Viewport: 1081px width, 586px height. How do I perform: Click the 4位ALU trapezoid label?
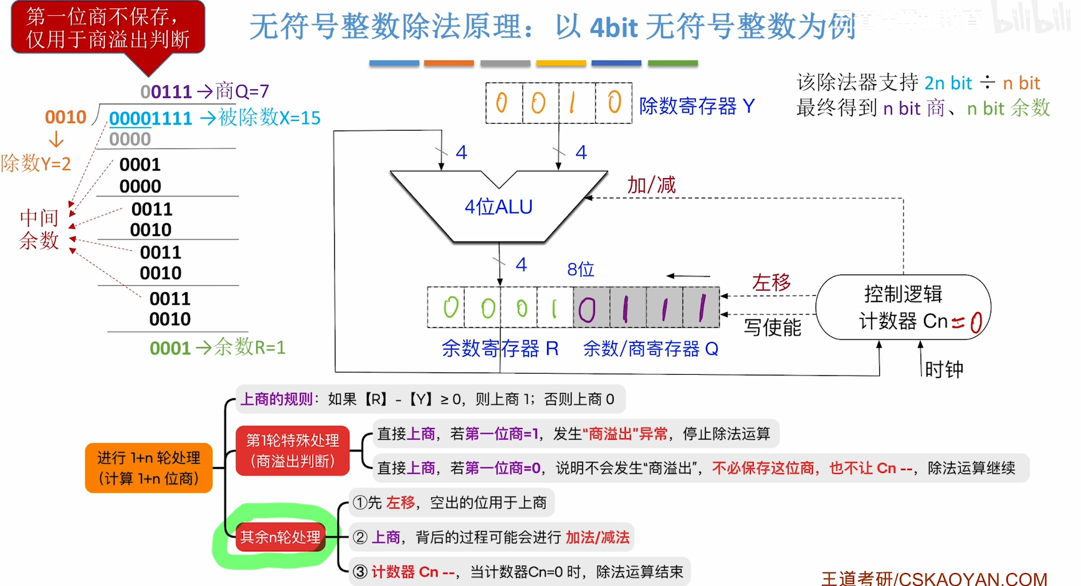pos(498,207)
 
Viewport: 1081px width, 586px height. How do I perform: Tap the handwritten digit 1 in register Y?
pos(572,103)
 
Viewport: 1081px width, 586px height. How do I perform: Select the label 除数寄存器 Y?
pos(697,106)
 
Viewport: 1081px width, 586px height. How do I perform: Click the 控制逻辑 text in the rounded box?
pos(903,293)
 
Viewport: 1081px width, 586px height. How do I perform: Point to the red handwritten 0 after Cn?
pos(976,322)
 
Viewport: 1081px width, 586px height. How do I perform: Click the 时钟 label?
pos(944,370)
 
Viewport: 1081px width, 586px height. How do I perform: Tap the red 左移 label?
pos(771,283)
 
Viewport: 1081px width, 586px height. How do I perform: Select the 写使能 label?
pos(773,328)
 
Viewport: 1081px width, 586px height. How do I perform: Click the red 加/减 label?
pos(651,185)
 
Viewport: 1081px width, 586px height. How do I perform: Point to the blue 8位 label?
pos(581,269)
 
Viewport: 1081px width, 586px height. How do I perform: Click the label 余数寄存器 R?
pos(500,349)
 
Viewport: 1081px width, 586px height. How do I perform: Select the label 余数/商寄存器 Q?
pos(650,349)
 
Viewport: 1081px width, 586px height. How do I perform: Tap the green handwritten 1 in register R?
pos(554,308)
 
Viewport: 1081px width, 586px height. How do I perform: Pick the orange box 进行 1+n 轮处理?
pos(149,468)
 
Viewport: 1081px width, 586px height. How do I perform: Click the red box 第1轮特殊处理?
pos(292,451)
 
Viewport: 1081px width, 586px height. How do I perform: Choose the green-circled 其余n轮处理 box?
pos(280,537)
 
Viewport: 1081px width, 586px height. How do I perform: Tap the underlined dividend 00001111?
pos(151,118)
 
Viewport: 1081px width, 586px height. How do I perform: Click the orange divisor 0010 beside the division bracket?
pos(65,117)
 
